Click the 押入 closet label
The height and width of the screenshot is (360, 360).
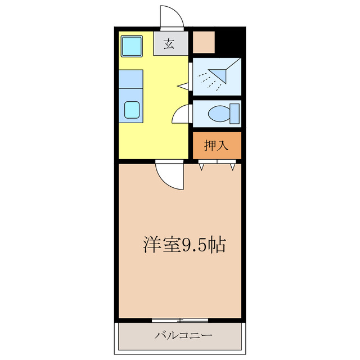pyautogui.click(x=216, y=146)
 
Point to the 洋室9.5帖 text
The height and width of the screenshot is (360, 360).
pyautogui.click(x=184, y=245)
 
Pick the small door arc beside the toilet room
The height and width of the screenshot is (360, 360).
pyautogui.click(x=181, y=115)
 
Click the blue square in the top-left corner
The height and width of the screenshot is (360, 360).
pyautogui.click(x=133, y=46)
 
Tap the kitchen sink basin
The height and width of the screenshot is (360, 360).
pyautogui.click(x=133, y=109)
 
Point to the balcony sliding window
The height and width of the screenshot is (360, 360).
pyautogui.click(x=180, y=320)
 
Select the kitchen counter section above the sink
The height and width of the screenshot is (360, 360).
pyautogui.click(x=131, y=79)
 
